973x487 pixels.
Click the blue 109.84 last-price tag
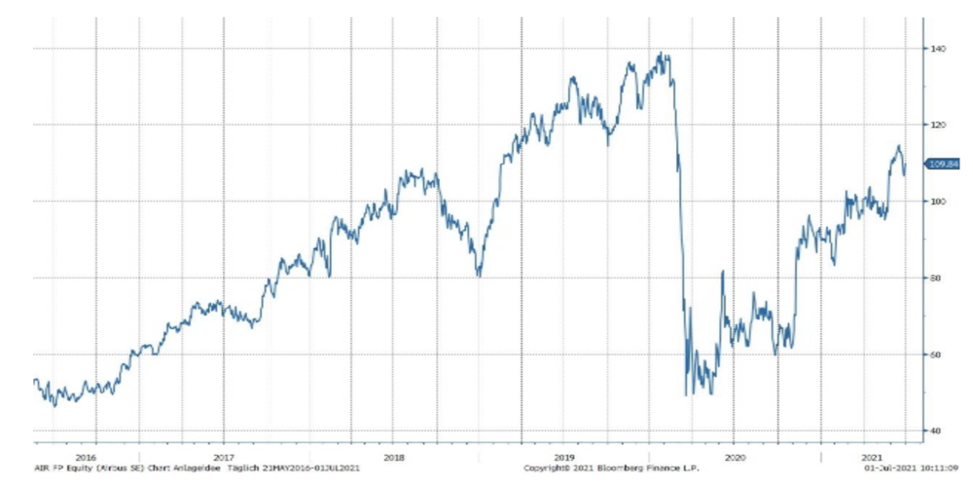click(x=945, y=165)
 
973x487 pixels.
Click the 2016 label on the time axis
click(x=85, y=456)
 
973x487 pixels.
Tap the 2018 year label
click(x=393, y=456)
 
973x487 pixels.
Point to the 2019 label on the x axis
click(x=564, y=456)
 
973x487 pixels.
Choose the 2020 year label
click(x=736, y=456)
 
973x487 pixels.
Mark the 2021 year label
click(x=872, y=456)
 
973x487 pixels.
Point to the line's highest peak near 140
click(x=662, y=54)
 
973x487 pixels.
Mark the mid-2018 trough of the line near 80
click(x=479, y=275)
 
